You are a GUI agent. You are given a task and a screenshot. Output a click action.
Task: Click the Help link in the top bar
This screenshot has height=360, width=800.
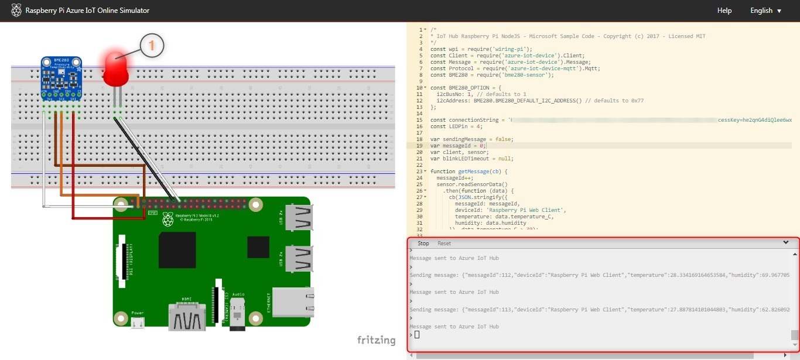(x=724, y=11)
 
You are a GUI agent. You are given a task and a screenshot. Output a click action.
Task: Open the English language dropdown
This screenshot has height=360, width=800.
(x=765, y=11)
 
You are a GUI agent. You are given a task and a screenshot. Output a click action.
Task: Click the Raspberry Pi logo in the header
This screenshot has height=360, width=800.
(x=16, y=11)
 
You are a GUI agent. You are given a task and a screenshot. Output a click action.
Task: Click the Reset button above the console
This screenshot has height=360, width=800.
(x=444, y=243)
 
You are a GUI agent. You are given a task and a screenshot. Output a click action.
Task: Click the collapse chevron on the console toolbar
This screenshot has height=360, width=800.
(x=785, y=242)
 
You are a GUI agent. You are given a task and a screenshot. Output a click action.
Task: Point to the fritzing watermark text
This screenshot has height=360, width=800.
(x=376, y=340)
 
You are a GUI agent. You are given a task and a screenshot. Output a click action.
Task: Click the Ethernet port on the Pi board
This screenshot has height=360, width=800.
(x=293, y=301)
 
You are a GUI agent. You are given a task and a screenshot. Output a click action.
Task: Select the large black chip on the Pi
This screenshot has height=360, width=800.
(x=177, y=250)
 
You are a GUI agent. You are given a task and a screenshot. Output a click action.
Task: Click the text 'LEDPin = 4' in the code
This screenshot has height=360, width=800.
(x=462, y=126)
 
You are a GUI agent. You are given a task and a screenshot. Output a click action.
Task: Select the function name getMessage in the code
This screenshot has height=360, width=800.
(x=473, y=172)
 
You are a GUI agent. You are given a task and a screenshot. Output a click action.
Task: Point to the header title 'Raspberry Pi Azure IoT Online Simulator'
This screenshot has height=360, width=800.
(x=87, y=11)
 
